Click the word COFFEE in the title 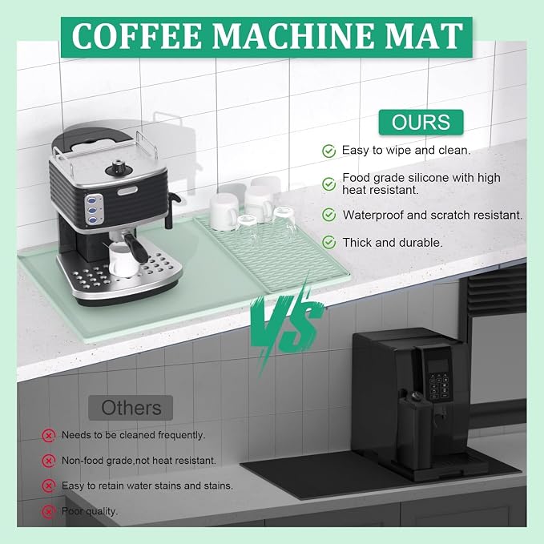click(137, 36)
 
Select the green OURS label click(421, 122)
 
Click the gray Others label click(131, 408)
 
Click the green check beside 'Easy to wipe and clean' click(328, 151)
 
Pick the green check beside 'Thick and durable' click(328, 243)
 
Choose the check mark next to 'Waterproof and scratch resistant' click(328, 215)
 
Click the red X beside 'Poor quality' click(49, 511)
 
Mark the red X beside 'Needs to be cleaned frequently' click(49, 435)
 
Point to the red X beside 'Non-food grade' click(49, 461)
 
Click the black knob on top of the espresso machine click(119, 168)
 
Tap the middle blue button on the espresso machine click(91, 210)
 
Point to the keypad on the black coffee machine click(439, 386)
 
